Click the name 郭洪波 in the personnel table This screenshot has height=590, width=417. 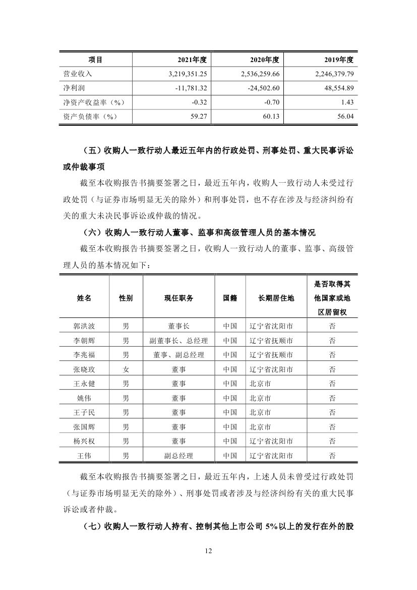(84, 326)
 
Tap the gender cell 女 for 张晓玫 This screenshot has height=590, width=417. (126, 369)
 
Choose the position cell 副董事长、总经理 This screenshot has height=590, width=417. (178, 340)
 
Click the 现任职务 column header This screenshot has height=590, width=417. (178, 298)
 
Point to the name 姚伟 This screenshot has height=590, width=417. (84, 398)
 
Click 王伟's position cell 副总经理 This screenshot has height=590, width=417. (178, 456)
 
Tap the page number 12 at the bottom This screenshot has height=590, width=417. (208, 550)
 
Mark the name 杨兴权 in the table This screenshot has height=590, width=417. (84, 442)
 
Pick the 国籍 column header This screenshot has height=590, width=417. (230, 298)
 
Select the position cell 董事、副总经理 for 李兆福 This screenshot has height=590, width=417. (178, 355)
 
